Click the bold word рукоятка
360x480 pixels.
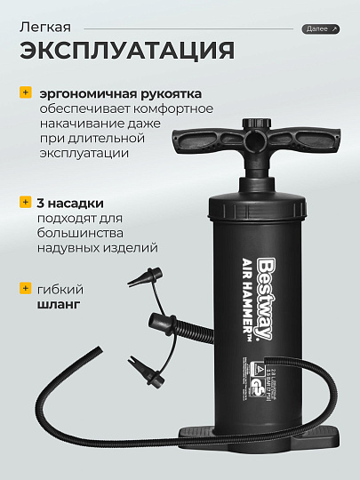click(171, 92)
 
